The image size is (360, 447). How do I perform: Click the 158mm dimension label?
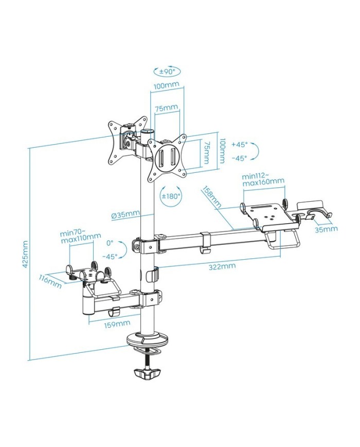(211, 196)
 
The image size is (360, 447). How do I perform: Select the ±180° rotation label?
(171, 196)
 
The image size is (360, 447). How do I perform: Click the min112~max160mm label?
(263, 179)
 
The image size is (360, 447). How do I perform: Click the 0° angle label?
(109, 242)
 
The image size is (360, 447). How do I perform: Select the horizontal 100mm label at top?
(167, 86)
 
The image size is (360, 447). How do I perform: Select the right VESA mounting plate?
(167, 157)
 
